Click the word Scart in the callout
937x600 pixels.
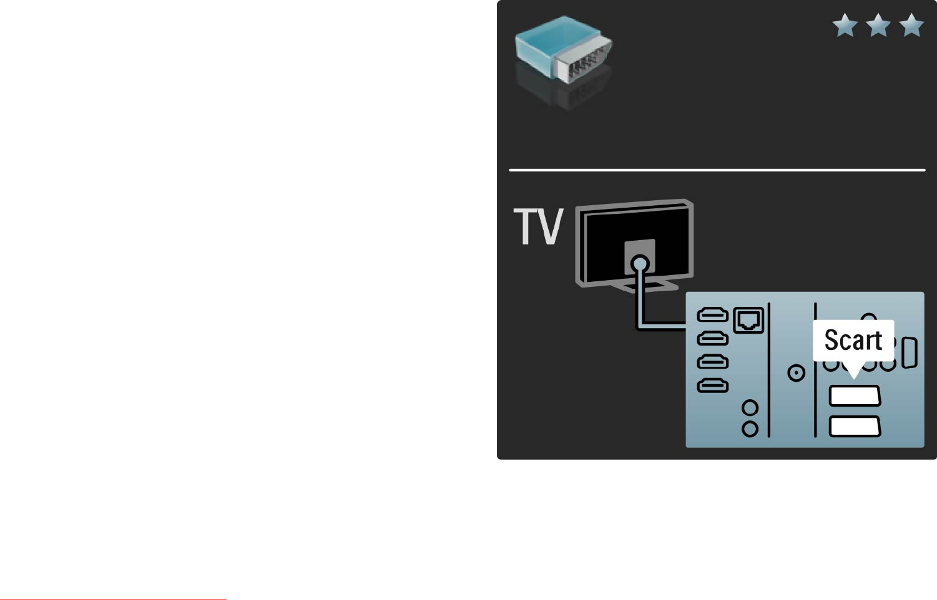[853, 340]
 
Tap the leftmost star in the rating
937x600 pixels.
[845, 26]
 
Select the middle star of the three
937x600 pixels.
[878, 26]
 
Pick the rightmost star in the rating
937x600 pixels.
[911, 26]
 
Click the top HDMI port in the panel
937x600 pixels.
[712, 315]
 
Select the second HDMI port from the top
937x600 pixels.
[712, 339]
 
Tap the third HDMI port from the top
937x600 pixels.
[712, 362]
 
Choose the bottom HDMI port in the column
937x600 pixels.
[712, 385]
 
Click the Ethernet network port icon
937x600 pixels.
[748, 321]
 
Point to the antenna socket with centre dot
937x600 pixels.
[797, 373]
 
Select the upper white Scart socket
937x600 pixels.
[855, 396]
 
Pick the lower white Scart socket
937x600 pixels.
[855, 426]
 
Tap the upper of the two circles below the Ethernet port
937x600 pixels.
[750, 408]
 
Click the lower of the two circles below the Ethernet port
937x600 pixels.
[750, 428]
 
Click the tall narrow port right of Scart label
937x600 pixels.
[910, 353]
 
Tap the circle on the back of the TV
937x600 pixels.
[639, 264]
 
